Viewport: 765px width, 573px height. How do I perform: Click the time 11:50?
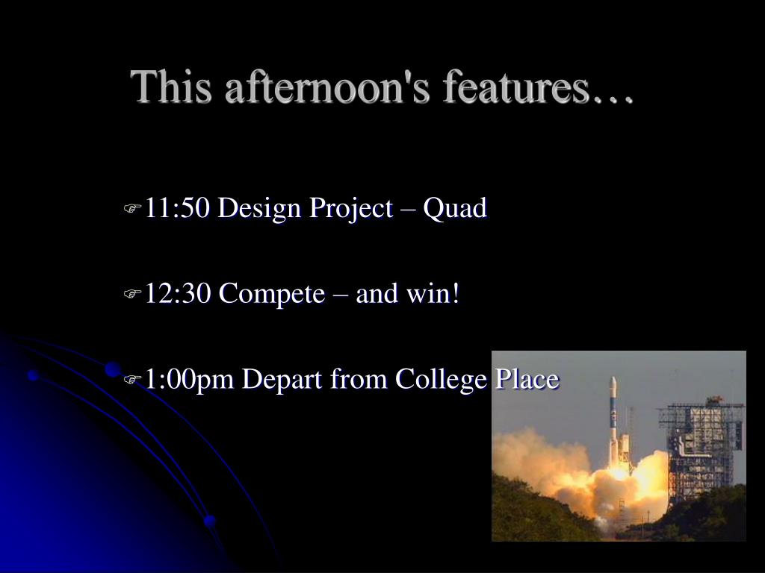coord(178,208)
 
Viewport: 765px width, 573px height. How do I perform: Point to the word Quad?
coord(455,209)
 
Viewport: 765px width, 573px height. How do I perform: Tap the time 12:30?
coord(178,294)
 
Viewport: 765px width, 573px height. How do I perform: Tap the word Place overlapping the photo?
coord(527,378)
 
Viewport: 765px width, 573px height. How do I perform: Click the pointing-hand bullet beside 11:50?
coord(132,209)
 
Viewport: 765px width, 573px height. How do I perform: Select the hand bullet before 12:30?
coord(132,294)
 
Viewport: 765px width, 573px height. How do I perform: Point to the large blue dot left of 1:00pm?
coord(114,369)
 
